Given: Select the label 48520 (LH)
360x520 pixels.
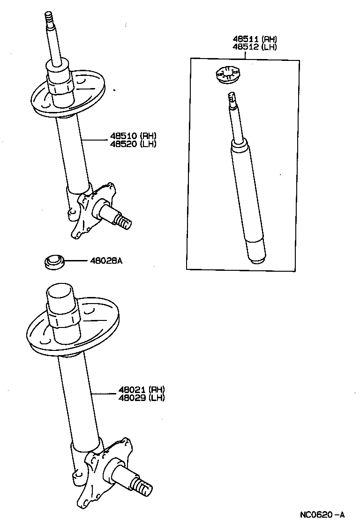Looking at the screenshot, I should tap(133, 144).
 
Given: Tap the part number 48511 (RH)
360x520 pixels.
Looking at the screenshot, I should tap(255, 39).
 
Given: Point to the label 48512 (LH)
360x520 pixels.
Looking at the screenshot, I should tap(255, 47).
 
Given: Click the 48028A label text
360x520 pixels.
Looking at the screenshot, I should tap(106, 260).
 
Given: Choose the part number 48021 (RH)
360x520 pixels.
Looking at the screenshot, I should tap(142, 390).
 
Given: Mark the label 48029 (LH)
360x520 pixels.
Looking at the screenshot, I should tap(142, 397).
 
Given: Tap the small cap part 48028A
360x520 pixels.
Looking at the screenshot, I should tap(55, 261).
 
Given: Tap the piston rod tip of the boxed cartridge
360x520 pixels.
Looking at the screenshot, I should tap(231, 97).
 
